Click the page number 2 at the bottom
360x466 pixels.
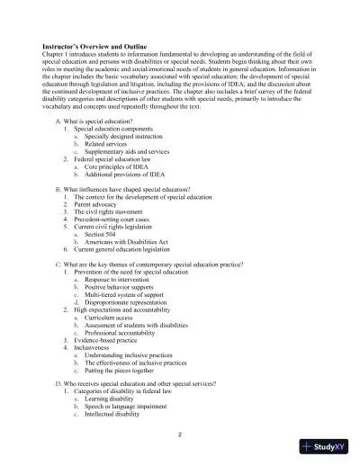pos(180,434)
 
